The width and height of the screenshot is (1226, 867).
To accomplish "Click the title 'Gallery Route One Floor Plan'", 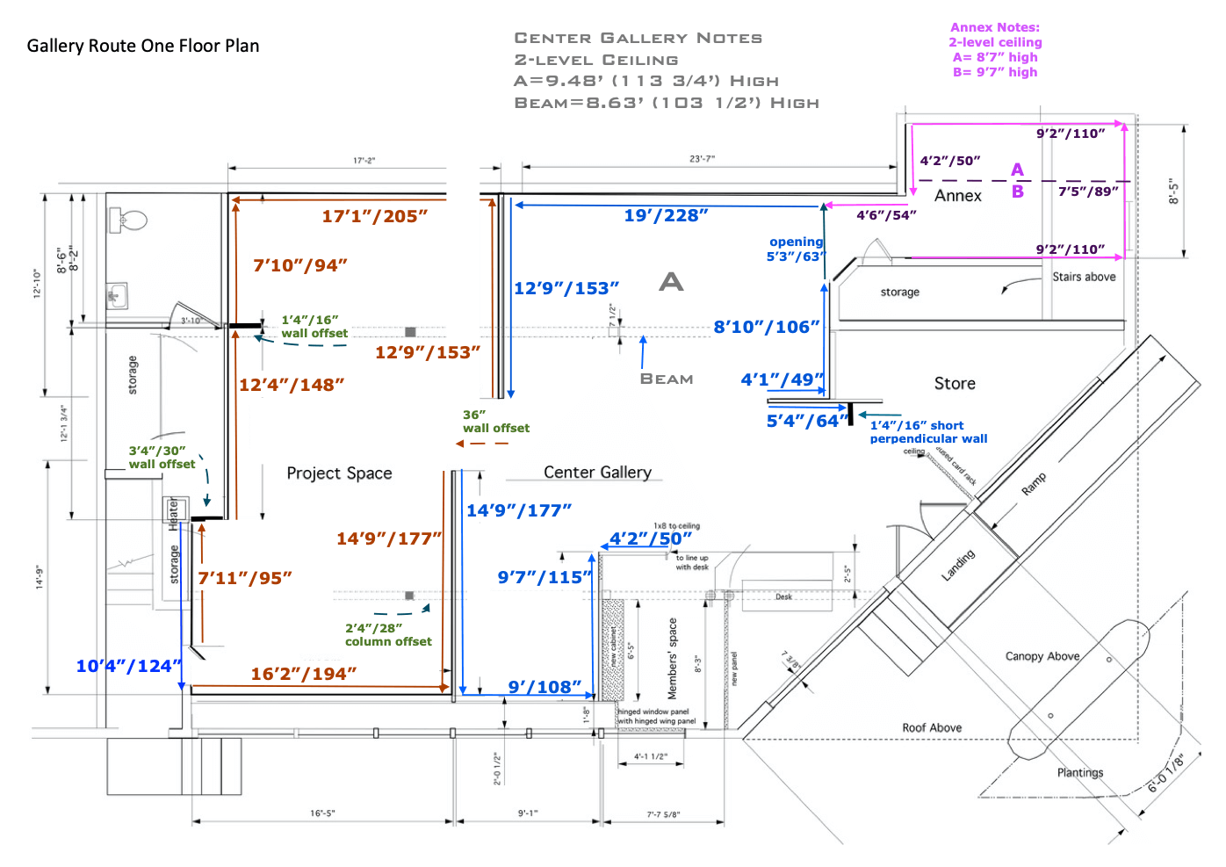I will pos(143,47).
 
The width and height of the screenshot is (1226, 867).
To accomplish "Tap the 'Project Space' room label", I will pos(339,473).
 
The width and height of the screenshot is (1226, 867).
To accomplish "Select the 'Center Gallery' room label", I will pos(597,473).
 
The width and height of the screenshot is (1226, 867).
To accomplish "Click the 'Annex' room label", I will pos(957,196).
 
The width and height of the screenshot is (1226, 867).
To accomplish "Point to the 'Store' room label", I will pos(955,384).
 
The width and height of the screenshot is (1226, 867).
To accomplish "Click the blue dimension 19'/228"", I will pos(666,216).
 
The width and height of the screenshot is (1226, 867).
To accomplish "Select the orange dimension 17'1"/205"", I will pos(374,216).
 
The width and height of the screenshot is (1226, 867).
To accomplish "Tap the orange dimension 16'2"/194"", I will pos(303,674).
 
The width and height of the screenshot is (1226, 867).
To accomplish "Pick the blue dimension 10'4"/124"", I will pos(128,666).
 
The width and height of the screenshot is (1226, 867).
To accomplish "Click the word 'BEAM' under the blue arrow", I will pos(667,379).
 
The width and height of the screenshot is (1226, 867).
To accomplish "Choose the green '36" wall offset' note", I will pos(495,422).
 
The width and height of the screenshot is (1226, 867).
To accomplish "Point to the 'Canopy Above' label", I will pos(1042,656).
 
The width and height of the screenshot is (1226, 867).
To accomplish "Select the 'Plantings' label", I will pos(1080,773).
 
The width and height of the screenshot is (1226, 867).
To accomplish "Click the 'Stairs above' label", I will pos(1084,277).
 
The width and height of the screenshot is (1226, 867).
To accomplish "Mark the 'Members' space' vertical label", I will pos(673,659).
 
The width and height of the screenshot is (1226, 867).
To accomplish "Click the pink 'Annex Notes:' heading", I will pos(995,27).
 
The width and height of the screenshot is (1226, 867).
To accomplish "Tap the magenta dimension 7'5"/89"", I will pos(1088,191).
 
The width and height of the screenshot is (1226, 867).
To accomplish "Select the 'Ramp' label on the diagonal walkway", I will pos(1034,484).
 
